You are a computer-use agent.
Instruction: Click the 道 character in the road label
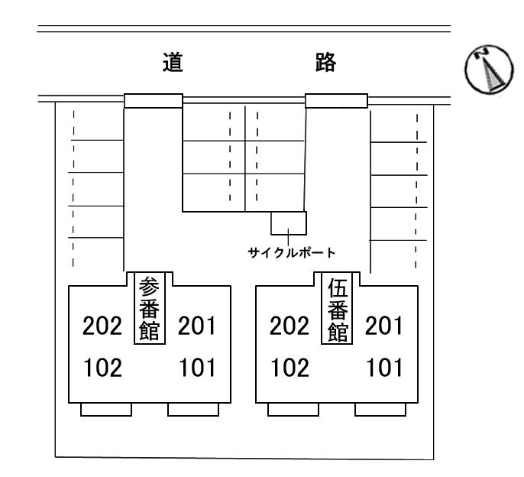click(x=173, y=62)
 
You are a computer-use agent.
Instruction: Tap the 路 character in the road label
click(x=325, y=62)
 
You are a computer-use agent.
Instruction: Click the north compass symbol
click(x=489, y=70)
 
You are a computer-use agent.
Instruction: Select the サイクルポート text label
click(x=292, y=252)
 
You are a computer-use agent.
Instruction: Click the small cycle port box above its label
click(x=289, y=223)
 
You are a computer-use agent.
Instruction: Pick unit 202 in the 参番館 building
click(x=102, y=326)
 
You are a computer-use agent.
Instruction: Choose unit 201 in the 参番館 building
click(x=197, y=326)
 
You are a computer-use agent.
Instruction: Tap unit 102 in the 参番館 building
click(x=102, y=368)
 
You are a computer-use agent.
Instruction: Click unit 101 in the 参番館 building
click(x=197, y=368)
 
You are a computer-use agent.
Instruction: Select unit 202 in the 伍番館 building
click(x=289, y=326)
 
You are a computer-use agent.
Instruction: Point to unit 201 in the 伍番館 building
click(x=384, y=326)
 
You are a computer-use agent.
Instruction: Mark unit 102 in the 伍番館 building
click(x=289, y=368)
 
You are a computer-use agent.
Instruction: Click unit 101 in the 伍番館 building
click(x=384, y=368)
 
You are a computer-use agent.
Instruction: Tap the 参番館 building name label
click(x=150, y=308)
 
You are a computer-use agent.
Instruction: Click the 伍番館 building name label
click(x=337, y=308)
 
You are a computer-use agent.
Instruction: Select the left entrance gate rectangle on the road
click(x=154, y=101)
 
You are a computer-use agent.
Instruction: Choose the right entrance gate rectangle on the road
click(x=337, y=101)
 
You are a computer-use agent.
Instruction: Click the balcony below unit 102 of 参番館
click(x=106, y=410)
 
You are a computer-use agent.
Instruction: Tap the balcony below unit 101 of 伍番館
click(x=380, y=410)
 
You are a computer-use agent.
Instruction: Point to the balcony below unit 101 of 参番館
click(x=193, y=410)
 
